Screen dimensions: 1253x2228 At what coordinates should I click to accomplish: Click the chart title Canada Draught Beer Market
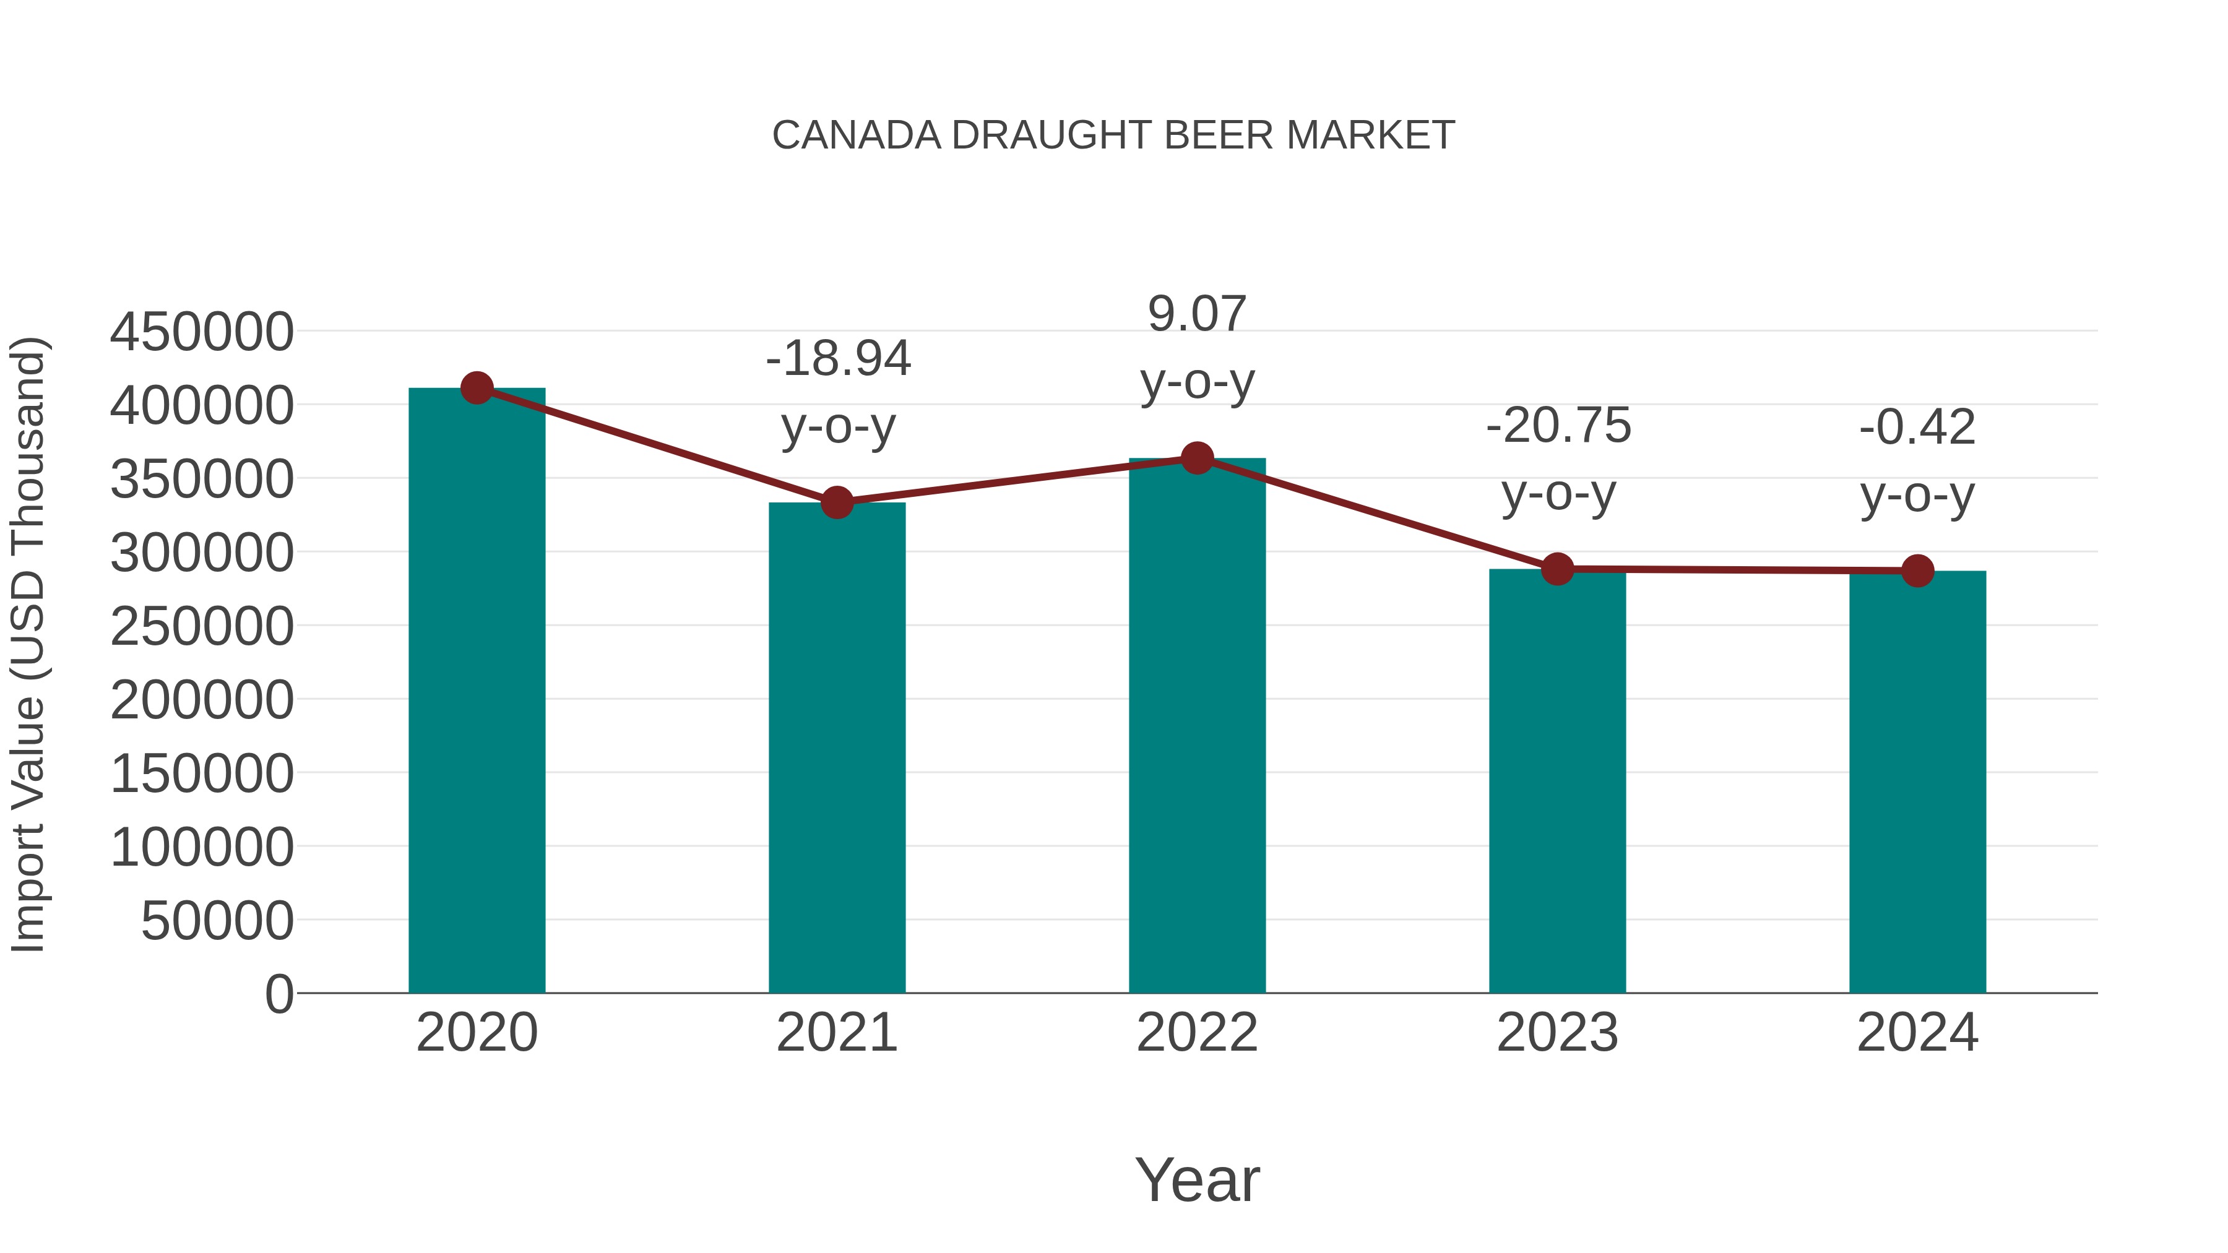1113,136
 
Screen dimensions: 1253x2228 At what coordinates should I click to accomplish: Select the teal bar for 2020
477,692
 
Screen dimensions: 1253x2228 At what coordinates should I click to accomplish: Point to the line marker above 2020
477,388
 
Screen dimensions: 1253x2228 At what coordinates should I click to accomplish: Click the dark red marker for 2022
1197,459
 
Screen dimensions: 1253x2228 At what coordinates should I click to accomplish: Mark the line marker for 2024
1917,571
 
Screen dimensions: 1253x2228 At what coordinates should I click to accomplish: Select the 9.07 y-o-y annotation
1197,348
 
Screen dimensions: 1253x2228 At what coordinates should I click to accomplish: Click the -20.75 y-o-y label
1558,459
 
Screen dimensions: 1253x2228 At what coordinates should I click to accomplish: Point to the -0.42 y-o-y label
1917,461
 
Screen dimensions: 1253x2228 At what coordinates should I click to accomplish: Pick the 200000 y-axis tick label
202,700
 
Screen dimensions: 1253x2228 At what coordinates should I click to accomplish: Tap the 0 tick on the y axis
278,994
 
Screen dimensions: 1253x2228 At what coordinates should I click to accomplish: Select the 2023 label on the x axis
1557,1033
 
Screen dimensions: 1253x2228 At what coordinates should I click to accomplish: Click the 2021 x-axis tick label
836,1033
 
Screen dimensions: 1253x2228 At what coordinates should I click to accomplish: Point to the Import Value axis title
28,644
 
